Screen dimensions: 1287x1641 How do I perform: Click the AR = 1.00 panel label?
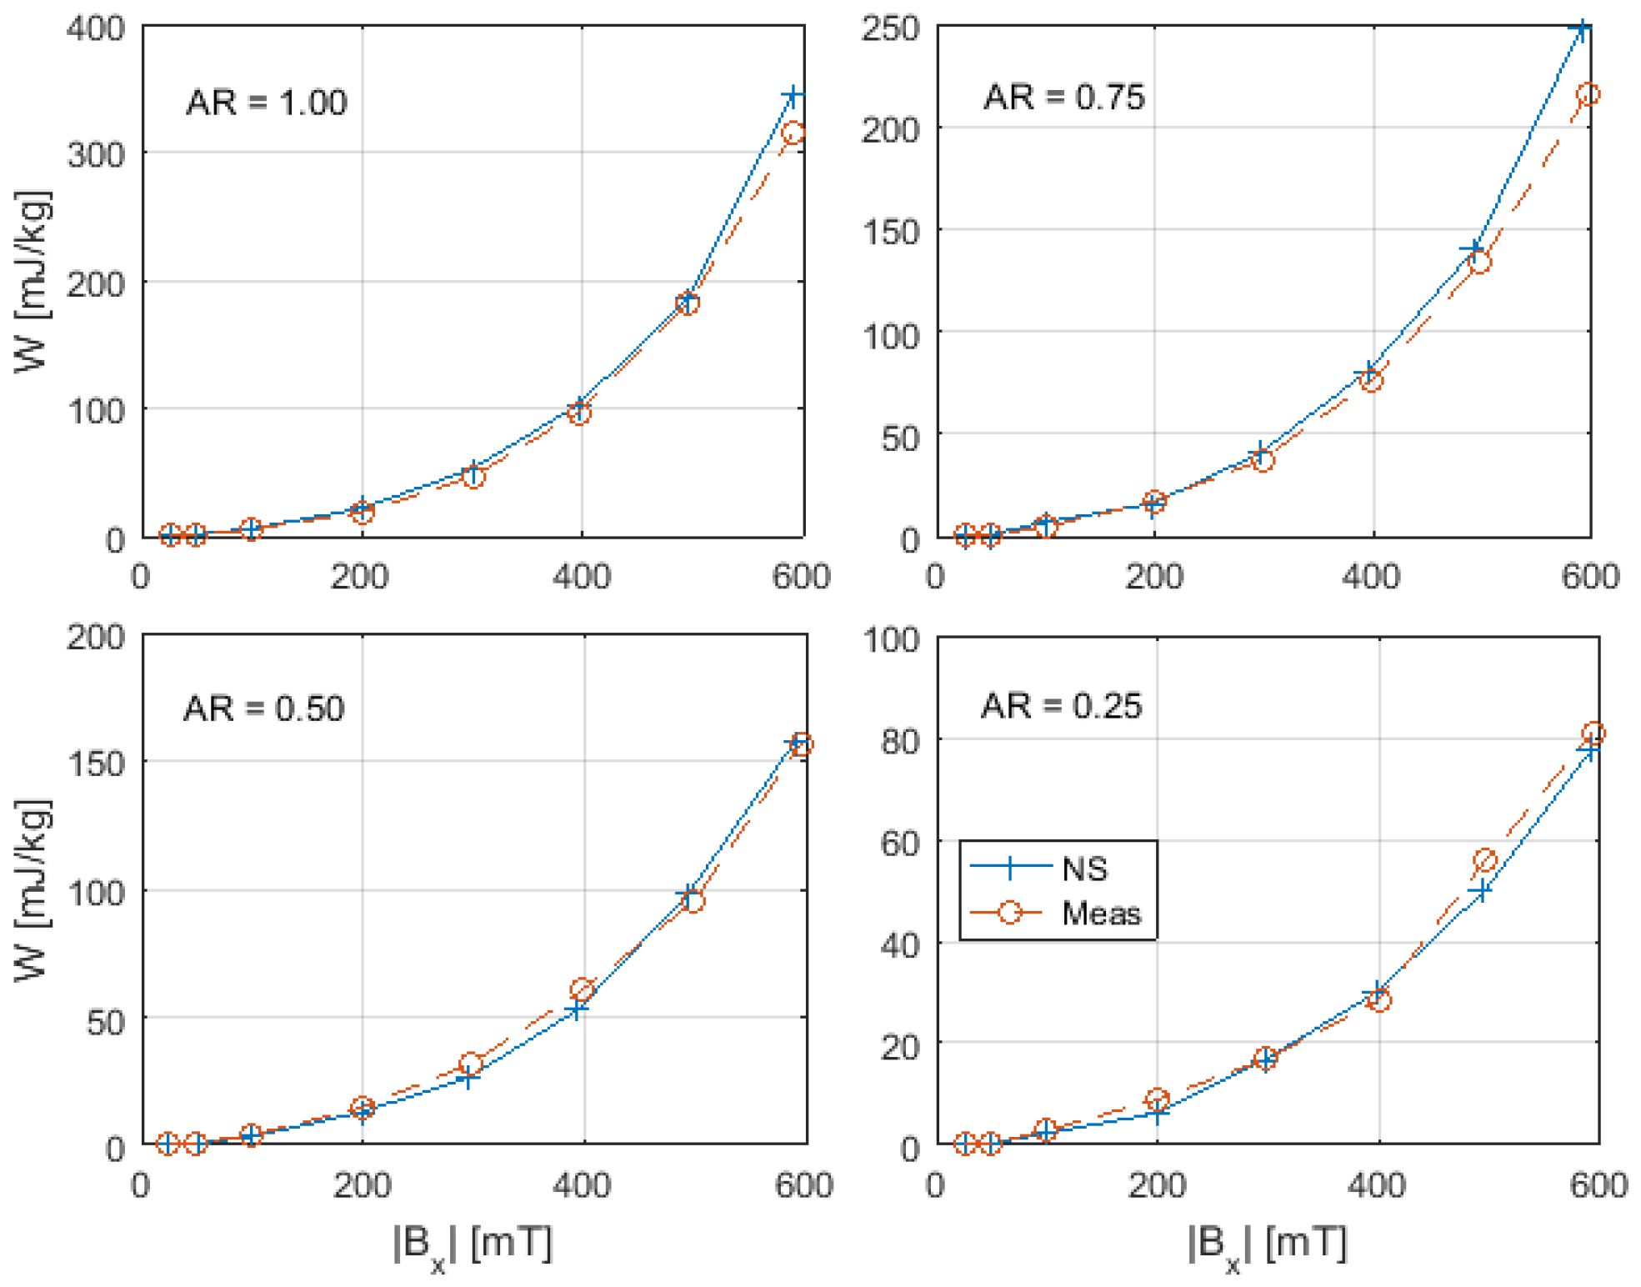(266, 103)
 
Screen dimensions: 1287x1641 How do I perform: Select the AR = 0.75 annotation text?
(1063, 98)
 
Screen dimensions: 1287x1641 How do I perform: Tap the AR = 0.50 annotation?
(263, 709)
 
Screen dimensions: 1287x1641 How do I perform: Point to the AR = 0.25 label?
(1060, 706)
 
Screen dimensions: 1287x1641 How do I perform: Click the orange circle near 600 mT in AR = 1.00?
(793, 133)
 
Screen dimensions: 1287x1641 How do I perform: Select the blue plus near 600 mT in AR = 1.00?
(793, 96)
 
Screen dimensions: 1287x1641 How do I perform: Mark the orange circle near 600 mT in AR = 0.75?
(1588, 94)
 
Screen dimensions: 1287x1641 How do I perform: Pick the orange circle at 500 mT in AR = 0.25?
(1484, 859)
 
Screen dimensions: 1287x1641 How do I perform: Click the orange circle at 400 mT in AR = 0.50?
(582, 989)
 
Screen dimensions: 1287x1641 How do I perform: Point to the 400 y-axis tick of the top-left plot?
(96, 29)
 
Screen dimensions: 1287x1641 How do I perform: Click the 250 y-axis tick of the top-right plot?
(890, 29)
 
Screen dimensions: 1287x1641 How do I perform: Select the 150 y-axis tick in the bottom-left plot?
(96, 763)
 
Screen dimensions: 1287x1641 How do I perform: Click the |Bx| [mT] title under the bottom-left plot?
(472, 1245)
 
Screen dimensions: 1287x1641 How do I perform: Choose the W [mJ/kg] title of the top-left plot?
(33, 282)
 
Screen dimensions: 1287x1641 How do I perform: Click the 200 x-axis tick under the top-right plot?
(1153, 577)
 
